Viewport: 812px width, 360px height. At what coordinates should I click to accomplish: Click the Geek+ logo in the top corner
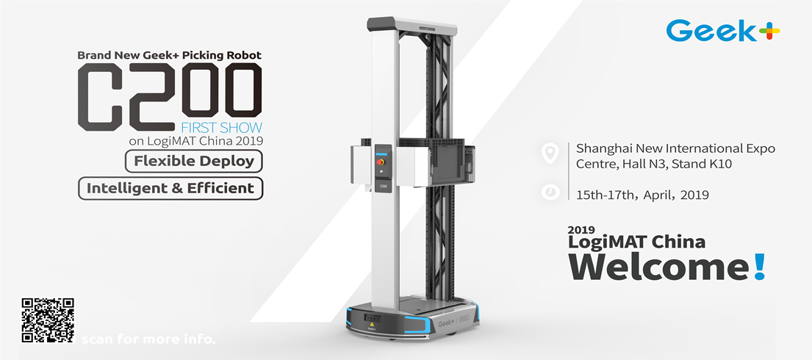[723, 32]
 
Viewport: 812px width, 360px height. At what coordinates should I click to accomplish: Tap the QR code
[48, 320]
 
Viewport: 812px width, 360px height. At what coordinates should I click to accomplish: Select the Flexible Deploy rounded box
[194, 160]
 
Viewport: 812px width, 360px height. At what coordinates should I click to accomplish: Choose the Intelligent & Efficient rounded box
[170, 188]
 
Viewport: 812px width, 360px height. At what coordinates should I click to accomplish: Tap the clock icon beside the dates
[549, 192]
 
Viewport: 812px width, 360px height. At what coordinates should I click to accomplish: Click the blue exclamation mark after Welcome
[759, 266]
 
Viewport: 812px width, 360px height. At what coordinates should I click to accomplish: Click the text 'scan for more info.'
[148, 340]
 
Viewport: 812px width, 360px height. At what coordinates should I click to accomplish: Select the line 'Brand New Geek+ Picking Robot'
[169, 55]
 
